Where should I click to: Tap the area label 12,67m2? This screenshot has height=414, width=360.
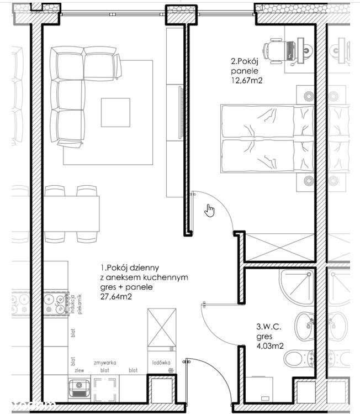(246, 80)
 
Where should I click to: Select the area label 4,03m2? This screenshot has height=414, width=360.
(269, 347)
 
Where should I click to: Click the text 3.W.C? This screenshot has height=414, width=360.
(268, 327)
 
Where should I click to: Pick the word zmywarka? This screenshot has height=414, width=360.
(105, 363)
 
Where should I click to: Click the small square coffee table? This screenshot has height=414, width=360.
(115, 112)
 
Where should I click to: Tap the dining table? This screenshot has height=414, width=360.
(72, 213)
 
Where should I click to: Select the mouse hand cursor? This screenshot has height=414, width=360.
(209, 210)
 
